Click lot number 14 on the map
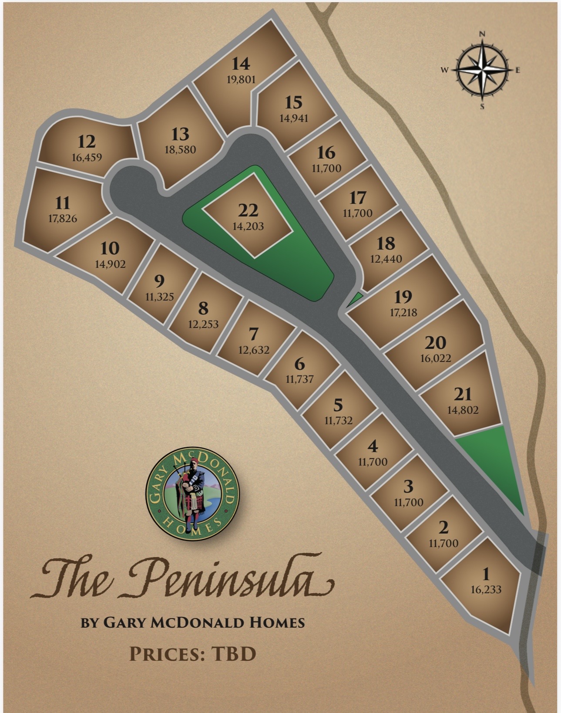coord(241,64)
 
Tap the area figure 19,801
coord(241,80)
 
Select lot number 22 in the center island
coord(248,210)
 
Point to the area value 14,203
coord(248,226)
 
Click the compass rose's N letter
coord(482,34)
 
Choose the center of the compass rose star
coord(482,70)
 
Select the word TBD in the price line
coord(234,654)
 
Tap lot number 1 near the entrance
coord(486,574)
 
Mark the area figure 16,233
coord(486,590)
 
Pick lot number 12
coord(87,142)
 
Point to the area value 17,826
coord(63,219)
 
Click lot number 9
coord(160,281)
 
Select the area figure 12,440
coord(386,259)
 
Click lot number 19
coord(403,297)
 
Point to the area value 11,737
coord(299,379)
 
